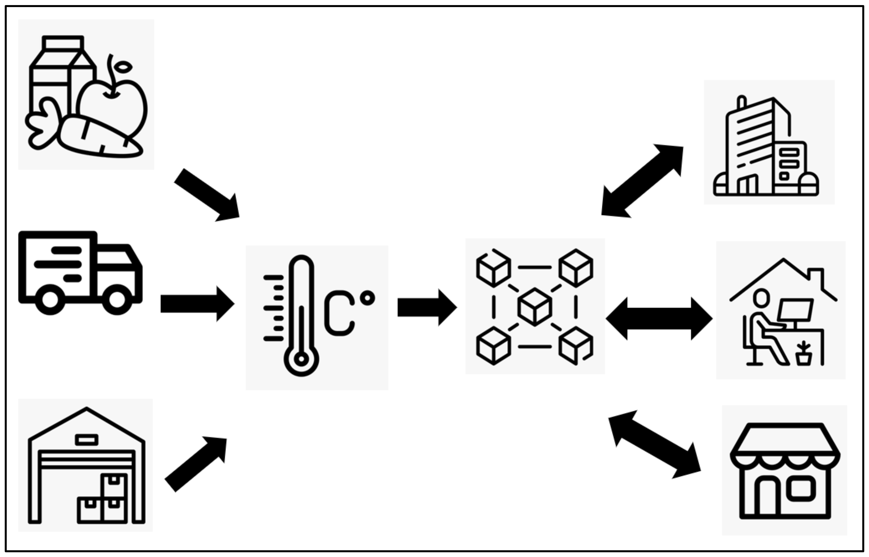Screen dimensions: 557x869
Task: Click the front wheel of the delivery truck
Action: click(117, 299)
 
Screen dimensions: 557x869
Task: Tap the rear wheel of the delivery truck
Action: click(50, 299)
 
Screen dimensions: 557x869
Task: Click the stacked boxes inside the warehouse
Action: click(103, 499)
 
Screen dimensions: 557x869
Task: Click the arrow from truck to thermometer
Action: click(197, 304)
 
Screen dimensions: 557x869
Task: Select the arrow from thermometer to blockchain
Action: click(427, 308)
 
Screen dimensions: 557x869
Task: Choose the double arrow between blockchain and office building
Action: click(642, 181)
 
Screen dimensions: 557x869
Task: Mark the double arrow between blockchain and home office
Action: click(659, 318)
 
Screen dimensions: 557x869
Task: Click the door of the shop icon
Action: click(767, 497)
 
